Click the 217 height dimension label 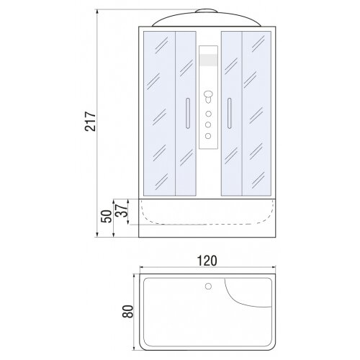pyautogui.click(x=91, y=121)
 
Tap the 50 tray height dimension pyautogui.click(x=107, y=216)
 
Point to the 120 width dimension pyautogui.click(x=207, y=261)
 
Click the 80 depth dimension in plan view pyautogui.click(x=127, y=312)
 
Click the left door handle pyautogui.click(x=188, y=113)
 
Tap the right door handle pyautogui.click(x=230, y=113)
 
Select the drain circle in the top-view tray pyautogui.click(x=208, y=286)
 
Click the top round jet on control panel pyautogui.click(x=208, y=114)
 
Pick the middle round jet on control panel pyautogui.click(x=208, y=125)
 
